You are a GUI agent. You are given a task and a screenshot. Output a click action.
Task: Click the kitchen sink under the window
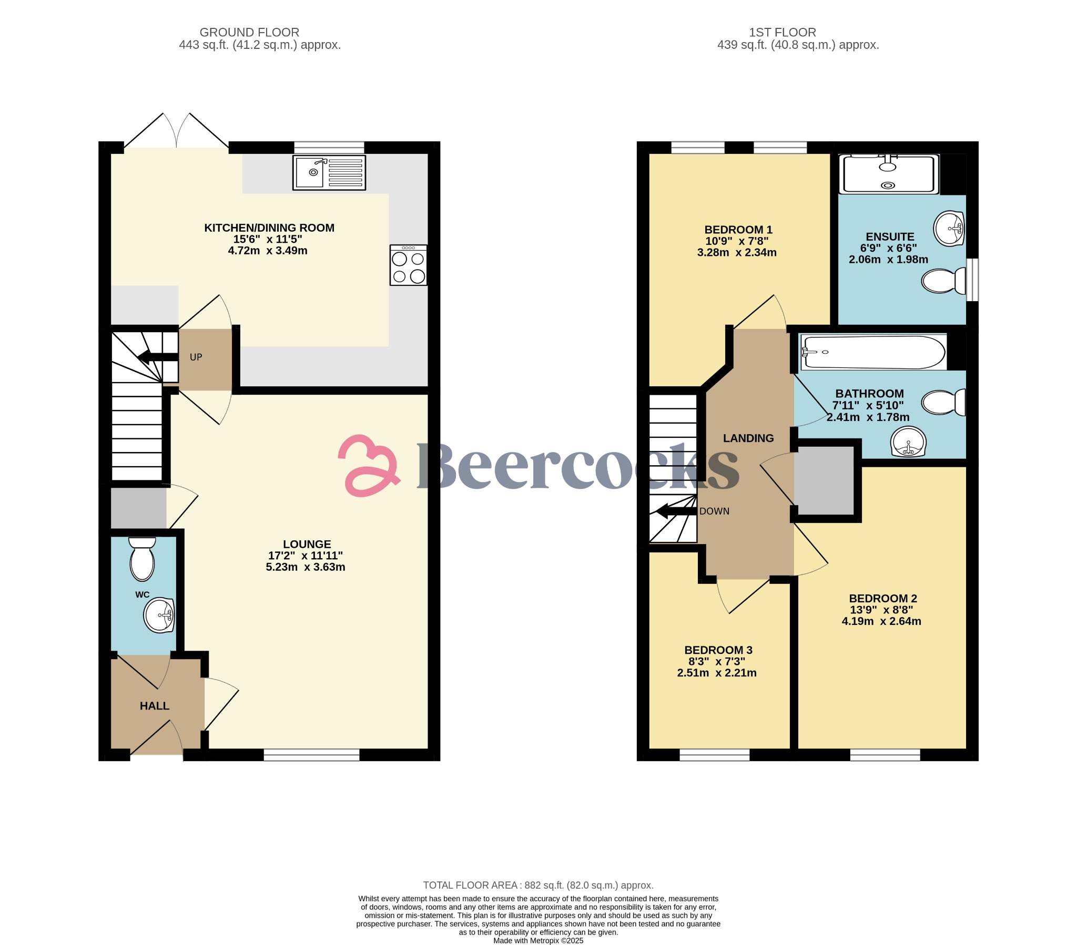329,172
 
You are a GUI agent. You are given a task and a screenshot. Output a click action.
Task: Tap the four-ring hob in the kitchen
409,265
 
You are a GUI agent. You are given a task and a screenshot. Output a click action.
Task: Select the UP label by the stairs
196,357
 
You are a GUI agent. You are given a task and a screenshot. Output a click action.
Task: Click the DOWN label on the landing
714,511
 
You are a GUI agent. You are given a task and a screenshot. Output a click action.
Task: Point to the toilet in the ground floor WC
142,559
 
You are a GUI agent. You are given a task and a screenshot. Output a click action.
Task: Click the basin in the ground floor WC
160,615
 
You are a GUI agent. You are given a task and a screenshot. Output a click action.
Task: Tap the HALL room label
155,706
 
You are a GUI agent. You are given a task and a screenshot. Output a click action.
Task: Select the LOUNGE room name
307,544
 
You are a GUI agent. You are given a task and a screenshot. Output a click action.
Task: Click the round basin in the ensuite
949,229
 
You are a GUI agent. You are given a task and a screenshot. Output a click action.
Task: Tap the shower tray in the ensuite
889,174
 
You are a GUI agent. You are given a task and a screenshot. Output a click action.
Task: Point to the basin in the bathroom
908,441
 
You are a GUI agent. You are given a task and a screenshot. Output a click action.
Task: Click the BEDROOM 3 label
718,650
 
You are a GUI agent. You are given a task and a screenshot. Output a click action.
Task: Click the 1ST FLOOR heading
782,33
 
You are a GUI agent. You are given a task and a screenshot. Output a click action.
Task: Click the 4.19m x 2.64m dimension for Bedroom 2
881,621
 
